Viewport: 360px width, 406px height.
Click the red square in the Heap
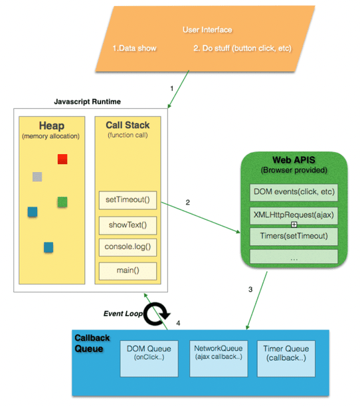[62, 159]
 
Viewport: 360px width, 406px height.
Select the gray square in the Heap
[38, 177]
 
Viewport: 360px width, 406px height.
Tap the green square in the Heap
[62, 201]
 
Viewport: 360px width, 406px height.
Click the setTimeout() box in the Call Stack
[128, 199]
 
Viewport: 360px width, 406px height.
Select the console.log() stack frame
[128, 247]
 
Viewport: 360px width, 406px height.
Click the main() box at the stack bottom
[128, 270]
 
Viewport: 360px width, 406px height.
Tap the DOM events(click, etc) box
[294, 193]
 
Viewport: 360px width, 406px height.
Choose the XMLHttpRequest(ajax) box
[294, 215]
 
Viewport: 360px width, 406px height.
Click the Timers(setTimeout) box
[294, 236]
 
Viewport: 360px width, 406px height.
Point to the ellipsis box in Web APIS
[294, 256]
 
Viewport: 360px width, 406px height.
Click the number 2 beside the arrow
[188, 201]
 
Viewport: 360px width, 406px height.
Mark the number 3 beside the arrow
[250, 289]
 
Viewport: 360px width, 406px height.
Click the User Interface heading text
[207, 30]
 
